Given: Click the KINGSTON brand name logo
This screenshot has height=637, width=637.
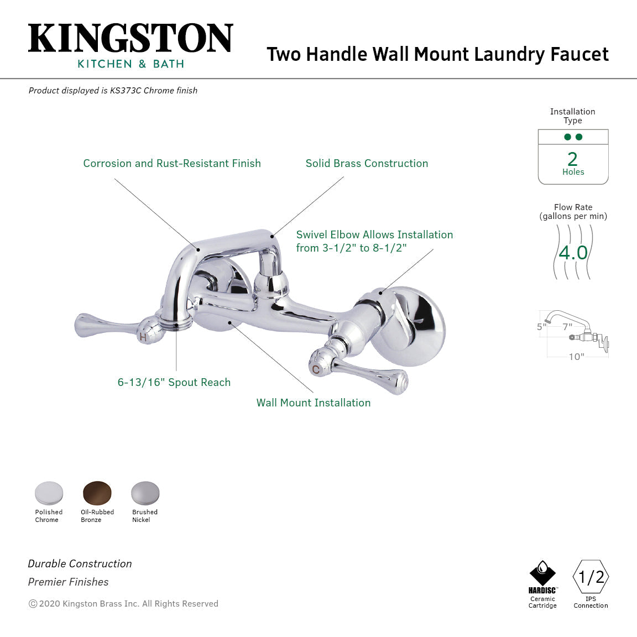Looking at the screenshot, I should [130, 39].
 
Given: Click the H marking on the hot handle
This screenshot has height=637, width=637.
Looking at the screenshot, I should [143, 337].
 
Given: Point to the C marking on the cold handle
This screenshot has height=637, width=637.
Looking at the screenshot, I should [315, 369].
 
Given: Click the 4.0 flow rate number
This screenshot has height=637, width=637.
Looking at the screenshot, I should [573, 253].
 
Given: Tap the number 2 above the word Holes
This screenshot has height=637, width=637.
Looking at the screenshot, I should [573, 159].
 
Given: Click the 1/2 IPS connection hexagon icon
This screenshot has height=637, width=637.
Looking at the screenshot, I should [591, 577].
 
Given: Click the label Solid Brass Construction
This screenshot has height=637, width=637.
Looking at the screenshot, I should [367, 163].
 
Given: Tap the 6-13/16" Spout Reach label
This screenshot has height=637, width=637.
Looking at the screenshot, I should [174, 382].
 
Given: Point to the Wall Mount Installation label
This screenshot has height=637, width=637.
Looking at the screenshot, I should [314, 403].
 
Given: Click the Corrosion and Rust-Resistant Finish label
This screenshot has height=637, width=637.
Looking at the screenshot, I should [172, 163].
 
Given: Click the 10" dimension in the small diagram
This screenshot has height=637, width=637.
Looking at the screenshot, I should [576, 357].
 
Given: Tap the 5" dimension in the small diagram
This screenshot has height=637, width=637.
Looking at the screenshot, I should [541, 327].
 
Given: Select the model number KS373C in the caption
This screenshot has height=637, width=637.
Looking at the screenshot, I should [126, 90].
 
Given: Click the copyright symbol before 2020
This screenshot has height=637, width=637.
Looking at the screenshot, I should [33, 604].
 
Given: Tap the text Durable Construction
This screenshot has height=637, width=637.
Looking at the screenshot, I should [80, 563].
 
